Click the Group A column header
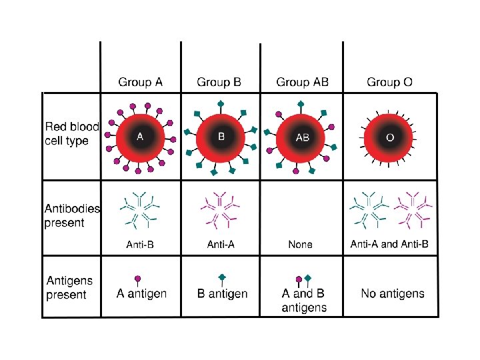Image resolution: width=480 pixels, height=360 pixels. pos(140,83)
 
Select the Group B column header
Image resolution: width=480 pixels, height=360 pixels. pos(219,83)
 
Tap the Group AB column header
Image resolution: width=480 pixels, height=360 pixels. pos(303,83)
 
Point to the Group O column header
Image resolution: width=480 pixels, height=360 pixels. pos(389,83)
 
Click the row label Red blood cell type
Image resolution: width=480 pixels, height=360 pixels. pos(72,133)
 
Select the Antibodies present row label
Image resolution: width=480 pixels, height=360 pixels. pos(72,215)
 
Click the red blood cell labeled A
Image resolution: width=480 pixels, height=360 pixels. pos(140,137)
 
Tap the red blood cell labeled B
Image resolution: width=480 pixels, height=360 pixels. pos(221,137)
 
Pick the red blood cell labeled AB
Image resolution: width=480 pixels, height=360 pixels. pos(302,137)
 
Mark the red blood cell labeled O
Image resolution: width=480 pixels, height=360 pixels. pos(390,137)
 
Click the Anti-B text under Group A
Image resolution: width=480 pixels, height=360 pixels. pos(140,245)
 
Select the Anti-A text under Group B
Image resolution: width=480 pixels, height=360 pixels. pos(221,245)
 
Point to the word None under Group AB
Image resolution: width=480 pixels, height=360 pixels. pos(300,245)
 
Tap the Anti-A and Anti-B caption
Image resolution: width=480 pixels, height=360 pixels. pos(390,245)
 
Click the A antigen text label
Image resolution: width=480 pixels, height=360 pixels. pos(141,293)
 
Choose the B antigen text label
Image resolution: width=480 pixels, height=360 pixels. pos(223,293)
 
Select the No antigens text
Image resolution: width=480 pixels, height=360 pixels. pos(393,293)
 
